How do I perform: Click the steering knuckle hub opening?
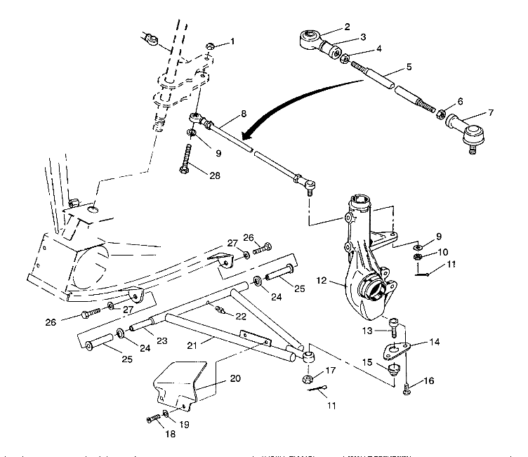point(372,289)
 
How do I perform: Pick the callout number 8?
point(243,112)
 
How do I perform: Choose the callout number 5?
point(407,68)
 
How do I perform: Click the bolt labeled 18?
point(154,419)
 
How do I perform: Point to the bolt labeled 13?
point(395,326)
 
